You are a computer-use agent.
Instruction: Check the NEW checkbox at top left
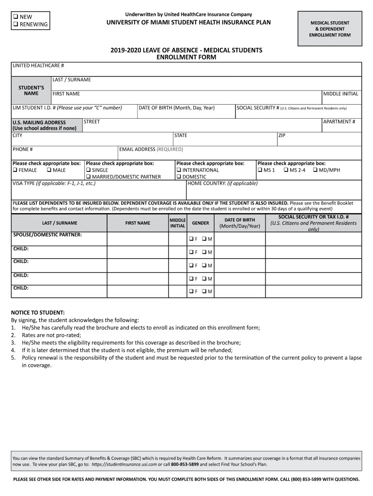(16, 17)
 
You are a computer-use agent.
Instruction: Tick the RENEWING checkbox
(16, 24)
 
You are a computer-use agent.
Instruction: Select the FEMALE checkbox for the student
(15, 170)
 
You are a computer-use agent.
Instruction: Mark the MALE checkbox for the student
(49, 170)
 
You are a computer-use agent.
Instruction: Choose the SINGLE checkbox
(89, 170)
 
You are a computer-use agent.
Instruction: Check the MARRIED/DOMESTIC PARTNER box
(89, 177)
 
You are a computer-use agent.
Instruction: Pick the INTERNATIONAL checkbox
(179, 170)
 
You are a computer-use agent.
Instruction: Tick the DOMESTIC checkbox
(179, 177)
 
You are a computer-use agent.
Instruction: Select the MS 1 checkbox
(260, 170)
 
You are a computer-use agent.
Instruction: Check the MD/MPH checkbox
(315, 170)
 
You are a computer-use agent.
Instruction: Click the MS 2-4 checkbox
(286, 170)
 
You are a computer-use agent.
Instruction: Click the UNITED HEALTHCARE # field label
(38, 65)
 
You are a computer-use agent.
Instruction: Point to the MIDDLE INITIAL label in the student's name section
(341, 93)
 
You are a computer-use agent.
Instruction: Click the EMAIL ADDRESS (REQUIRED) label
(152, 149)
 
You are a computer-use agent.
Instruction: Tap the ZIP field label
(282, 136)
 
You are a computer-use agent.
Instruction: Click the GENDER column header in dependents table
(201, 223)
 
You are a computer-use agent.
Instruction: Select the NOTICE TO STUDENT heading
(38, 312)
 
